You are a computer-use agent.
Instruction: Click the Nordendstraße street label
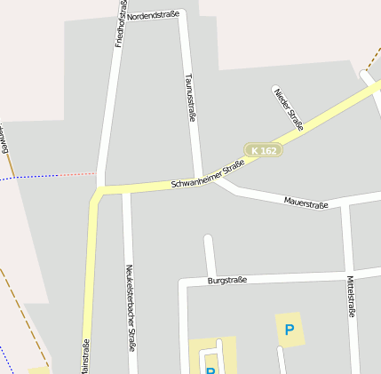coord(153,16)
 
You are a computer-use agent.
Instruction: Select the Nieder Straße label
coord(289,109)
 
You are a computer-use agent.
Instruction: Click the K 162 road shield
coord(263,151)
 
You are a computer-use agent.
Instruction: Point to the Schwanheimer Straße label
coord(208,174)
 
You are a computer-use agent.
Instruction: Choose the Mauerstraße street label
coord(306,203)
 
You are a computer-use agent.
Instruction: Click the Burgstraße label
coord(227,280)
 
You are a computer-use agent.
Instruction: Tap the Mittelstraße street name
coord(350,297)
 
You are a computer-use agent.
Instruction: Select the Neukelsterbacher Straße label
coord(131,307)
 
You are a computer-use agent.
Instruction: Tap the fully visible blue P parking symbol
coord(289,330)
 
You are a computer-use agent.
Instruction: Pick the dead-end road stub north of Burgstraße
coord(209,253)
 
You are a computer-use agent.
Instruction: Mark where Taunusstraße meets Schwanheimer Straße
coord(197,179)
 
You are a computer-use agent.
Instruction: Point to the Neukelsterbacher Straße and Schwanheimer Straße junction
coord(126,189)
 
